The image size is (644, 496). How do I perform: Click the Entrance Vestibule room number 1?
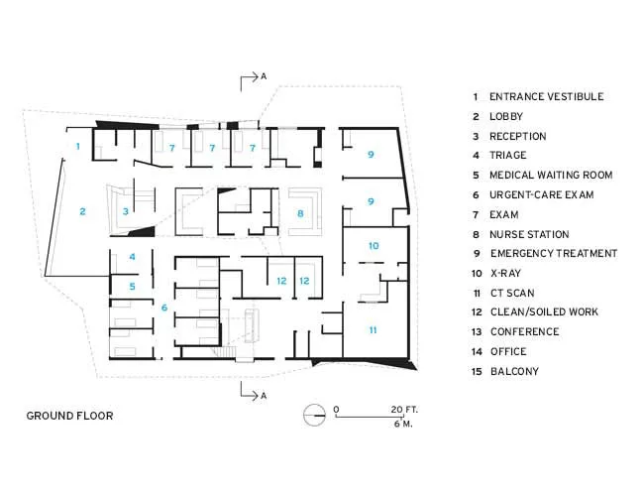(x=78, y=146)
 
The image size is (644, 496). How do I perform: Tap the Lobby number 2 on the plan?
(x=82, y=211)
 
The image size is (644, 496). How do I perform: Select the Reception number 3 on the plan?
(x=126, y=211)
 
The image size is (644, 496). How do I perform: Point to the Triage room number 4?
(x=132, y=257)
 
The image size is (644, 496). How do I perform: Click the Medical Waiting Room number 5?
(x=132, y=287)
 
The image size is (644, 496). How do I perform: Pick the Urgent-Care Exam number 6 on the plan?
(x=164, y=308)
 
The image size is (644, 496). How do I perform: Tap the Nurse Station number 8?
(x=300, y=213)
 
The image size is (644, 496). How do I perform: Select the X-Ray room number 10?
(x=374, y=246)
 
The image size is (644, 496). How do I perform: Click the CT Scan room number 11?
(x=373, y=330)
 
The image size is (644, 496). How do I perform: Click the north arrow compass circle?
(x=315, y=415)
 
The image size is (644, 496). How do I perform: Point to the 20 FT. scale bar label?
(x=404, y=410)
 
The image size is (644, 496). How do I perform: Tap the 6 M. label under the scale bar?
(x=403, y=424)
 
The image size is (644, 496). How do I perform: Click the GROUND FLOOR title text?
(x=69, y=416)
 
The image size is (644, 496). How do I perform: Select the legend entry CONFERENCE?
(x=525, y=331)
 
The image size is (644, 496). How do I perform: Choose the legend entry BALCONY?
(x=514, y=371)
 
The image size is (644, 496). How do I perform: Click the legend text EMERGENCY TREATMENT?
(x=554, y=253)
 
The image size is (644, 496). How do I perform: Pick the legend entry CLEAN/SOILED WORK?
(x=544, y=311)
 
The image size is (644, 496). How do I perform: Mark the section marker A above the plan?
(x=264, y=76)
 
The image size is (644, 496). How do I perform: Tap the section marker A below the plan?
(x=264, y=396)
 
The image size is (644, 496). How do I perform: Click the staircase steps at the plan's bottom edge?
(x=226, y=352)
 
